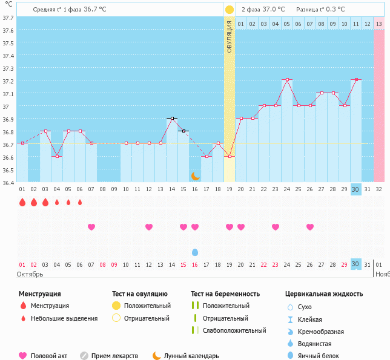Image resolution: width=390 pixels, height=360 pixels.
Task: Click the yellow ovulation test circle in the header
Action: [230, 10]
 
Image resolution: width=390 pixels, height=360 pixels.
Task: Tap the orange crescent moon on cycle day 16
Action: [195, 175]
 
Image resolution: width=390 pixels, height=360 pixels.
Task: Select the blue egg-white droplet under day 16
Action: [195, 252]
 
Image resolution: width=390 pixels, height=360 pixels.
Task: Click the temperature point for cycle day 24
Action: [287, 79]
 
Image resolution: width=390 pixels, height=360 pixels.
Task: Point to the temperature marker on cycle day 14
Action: [172, 118]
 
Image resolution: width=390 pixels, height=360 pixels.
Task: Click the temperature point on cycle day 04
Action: [57, 156]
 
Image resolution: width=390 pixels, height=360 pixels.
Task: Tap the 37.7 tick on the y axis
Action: [8, 18]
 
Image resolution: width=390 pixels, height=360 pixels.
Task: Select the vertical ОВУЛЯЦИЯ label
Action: [230, 36]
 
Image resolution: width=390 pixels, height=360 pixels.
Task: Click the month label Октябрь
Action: [30, 274]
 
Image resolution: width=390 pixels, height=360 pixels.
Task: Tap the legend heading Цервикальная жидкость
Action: [324, 294]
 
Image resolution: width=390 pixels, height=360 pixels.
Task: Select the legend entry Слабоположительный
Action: [234, 330]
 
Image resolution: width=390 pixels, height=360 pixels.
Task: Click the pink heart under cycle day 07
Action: [91, 227]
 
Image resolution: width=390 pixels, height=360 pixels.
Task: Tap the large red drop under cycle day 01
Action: [22, 202]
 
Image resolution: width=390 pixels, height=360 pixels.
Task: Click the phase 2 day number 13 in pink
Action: [378, 24]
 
